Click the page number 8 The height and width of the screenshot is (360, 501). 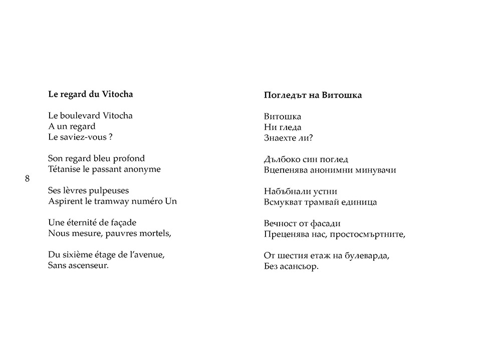tap(27, 179)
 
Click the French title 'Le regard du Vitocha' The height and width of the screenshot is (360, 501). tap(90, 94)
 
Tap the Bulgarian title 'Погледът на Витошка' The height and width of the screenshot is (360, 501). tap(313, 95)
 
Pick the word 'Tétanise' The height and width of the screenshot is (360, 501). tap(65, 169)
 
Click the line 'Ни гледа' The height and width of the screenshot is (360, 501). tap(283, 127)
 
